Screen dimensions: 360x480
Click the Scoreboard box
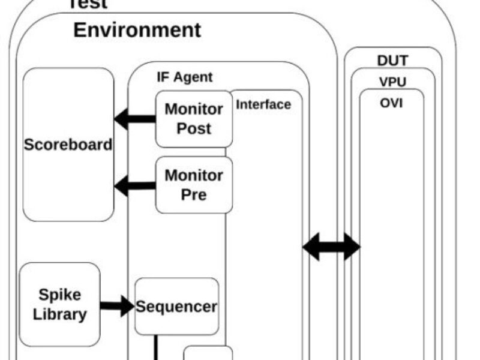68,145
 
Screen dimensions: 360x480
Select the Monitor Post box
193,119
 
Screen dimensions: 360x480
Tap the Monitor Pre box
193,185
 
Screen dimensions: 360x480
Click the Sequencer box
176,306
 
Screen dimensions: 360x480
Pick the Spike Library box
59,304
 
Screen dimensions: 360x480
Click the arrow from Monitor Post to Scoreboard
134,119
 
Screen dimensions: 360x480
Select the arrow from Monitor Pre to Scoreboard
134,185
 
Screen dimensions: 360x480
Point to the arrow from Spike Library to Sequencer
117,306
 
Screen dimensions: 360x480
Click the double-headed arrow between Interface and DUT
331,247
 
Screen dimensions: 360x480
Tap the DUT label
392,61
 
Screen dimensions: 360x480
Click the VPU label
392,82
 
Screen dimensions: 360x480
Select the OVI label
391,103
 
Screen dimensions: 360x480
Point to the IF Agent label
184,77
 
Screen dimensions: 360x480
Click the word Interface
263,104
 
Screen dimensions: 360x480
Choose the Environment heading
137,30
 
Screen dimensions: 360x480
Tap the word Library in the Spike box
59,314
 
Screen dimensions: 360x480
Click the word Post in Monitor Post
193,128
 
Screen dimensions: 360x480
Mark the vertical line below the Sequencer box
157,347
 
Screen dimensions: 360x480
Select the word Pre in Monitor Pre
193,194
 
